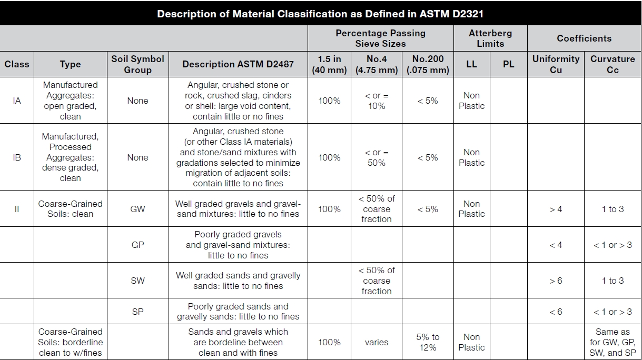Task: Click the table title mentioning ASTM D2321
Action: [320, 14]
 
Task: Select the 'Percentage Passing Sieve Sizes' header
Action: [380, 38]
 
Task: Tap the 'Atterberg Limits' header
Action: [490, 38]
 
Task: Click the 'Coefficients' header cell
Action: [584, 38]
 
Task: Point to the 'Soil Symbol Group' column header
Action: [137, 64]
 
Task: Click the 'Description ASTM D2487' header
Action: [238, 64]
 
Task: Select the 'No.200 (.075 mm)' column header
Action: [428, 64]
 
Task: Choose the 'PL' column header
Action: [508, 64]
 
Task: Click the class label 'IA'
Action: [17, 101]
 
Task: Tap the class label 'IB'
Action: [17, 157]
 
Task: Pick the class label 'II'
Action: [17, 209]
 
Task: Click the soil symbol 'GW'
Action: [137, 209]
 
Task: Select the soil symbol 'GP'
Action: [137, 245]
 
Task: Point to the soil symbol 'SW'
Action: [137, 281]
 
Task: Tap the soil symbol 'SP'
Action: [137, 312]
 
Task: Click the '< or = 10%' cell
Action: [377, 101]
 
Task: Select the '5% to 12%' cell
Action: [428, 342]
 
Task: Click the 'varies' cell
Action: [377, 342]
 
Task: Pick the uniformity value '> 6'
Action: [556, 281]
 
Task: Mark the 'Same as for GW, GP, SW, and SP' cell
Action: [613, 342]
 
